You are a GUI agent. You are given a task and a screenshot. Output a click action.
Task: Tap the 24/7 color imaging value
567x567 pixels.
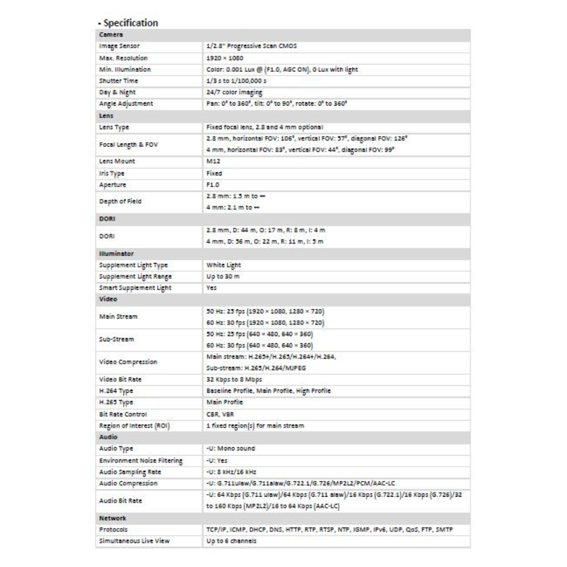pyautogui.click(x=234, y=92)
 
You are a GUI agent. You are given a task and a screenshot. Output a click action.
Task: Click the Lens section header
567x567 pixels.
pyautogui.click(x=107, y=115)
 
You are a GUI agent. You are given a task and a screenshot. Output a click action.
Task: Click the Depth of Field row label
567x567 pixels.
pyautogui.click(x=120, y=202)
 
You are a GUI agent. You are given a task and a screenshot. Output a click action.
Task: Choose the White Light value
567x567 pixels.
pyautogui.click(x=224, y=265)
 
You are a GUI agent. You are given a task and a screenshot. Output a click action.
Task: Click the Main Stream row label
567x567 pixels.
pyautogui.click(x=118, y=317)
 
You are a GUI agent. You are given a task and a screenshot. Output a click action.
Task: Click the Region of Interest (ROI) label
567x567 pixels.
pyautogui.click(x=135, y=425)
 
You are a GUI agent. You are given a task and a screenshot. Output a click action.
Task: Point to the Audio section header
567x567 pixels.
pyautogui.click(x=108, y=437)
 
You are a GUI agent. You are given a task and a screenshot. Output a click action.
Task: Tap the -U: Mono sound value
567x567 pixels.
pyautogui.click(x=230, y=448)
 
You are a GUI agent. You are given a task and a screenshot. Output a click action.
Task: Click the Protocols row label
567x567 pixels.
pyautogui.click(x=113, y=529)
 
